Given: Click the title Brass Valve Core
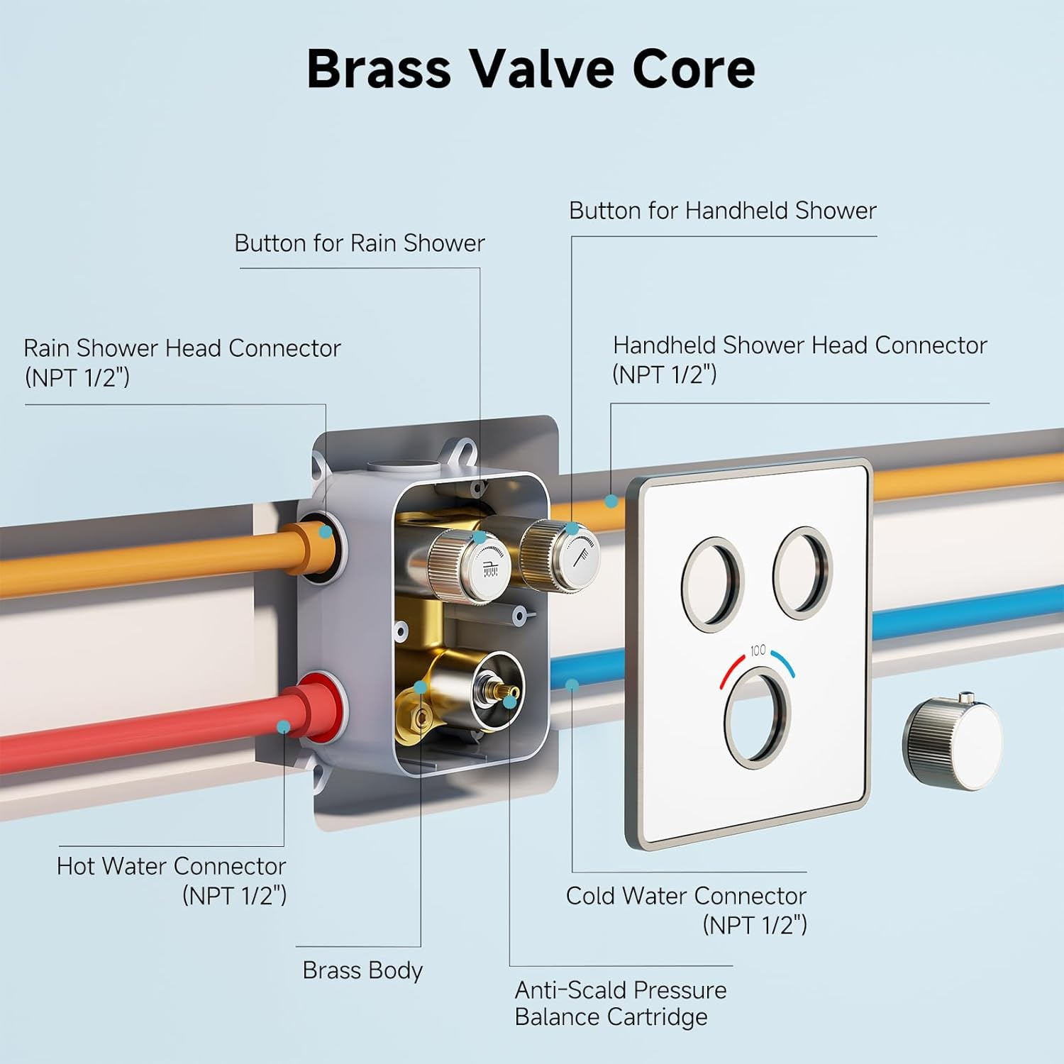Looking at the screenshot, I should point(531,70).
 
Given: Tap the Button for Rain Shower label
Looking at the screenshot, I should point(360,243).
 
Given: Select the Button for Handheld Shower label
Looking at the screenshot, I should point(722,211).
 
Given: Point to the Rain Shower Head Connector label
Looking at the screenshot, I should point(182,362).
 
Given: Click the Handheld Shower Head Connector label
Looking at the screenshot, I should point(799,359).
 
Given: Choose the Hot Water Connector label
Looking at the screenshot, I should point(172,880).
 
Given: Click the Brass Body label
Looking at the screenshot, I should point(362,970).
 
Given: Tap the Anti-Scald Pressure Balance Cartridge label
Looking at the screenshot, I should point(621,1003).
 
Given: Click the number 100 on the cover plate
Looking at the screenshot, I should point(758,650).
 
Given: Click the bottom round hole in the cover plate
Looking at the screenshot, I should point(758,718).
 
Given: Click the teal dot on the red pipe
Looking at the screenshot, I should point(283,726).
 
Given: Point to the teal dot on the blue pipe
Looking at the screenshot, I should point(572,685).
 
